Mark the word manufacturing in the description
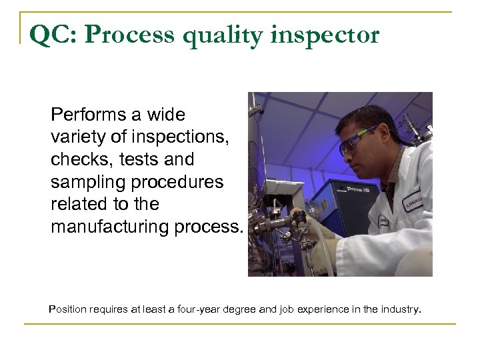105,228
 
